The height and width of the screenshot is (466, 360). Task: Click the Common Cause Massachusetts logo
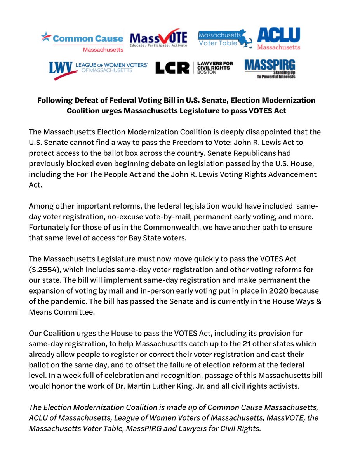click(x=82, y=41)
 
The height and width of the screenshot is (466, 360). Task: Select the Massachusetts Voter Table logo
click(x=225, y=39)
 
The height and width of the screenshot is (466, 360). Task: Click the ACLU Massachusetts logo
click(x=278, y=39)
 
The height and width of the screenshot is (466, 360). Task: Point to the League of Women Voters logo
click(x=98, y=69)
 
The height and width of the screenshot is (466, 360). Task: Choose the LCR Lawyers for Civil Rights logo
click(x=194, y=68)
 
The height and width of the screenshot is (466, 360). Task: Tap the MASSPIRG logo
click(x=270, y=69)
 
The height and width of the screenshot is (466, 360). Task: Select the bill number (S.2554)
click(x=45, y=270)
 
